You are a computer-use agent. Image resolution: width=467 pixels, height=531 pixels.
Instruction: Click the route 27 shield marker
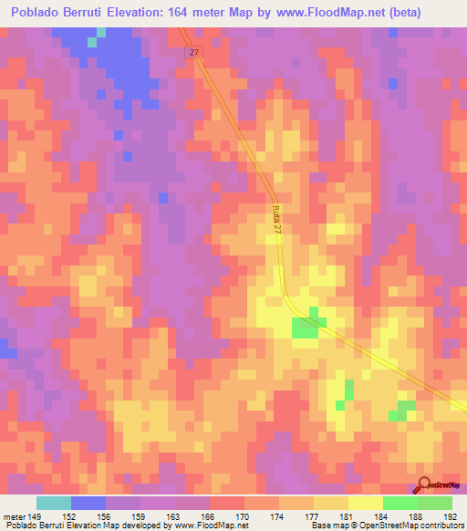coord(193,53)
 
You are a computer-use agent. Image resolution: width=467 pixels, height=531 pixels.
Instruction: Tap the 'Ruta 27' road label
coord(276,224)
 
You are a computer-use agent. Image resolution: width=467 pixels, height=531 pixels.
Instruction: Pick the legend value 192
coord(451,515)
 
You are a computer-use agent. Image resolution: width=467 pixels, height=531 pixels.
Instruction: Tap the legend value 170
coord(243,515)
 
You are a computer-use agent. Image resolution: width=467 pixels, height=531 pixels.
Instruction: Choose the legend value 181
coord(347,515)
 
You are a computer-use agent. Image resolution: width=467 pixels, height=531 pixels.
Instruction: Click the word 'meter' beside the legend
coord(14,515)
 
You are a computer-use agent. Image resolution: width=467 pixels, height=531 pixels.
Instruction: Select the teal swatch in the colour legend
coord(54,503)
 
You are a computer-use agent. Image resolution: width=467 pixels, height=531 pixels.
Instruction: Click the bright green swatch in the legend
coord(400,503)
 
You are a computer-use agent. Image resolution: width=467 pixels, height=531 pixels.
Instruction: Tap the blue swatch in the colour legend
coord(88,503)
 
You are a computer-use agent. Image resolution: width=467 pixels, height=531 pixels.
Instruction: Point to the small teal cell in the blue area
coord(91,41)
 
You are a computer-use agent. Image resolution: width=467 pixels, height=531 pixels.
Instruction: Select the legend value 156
coord(104,515)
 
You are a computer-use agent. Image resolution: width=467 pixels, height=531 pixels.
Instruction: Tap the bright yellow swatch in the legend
coord(365,503)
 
